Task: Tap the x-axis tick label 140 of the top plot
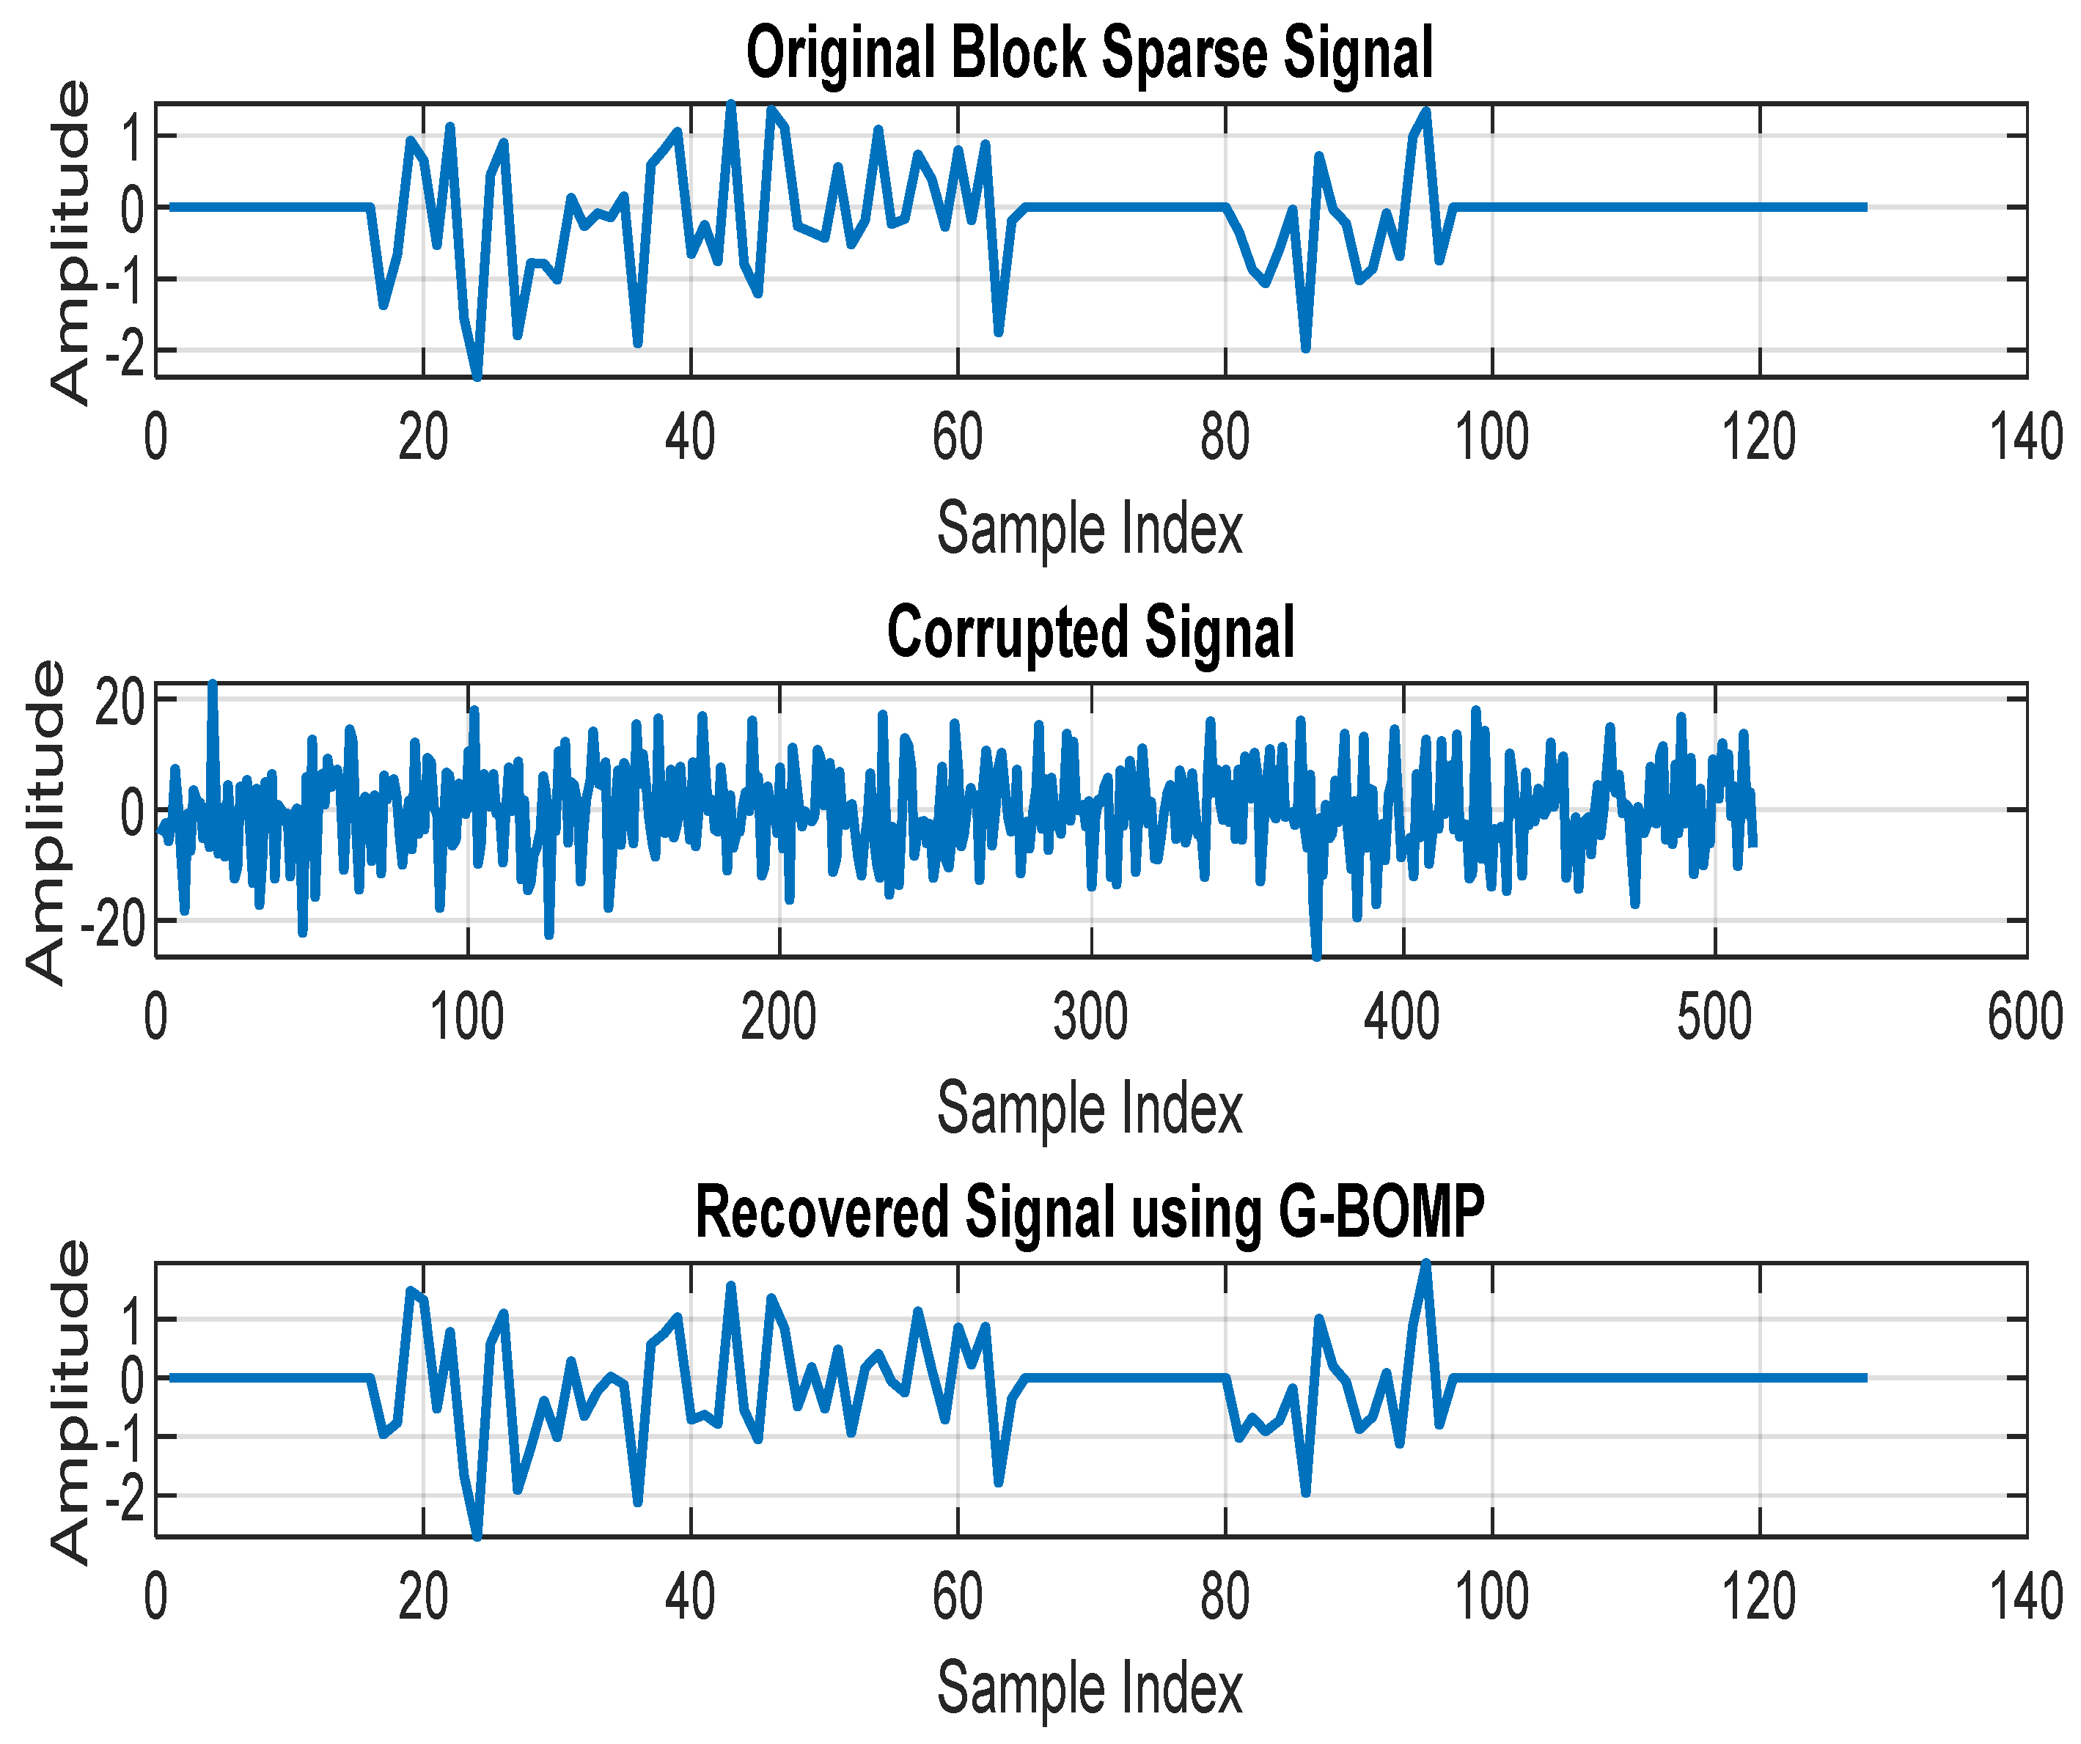(x=2025, y=437)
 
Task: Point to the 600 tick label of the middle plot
(x=2025, y=1017)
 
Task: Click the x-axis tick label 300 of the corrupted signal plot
(x=1090, y=1017)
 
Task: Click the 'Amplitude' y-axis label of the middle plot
(x=45, y=822)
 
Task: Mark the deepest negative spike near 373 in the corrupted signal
(x=1317, y=956)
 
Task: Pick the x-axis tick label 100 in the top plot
(x=1491, y=437)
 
